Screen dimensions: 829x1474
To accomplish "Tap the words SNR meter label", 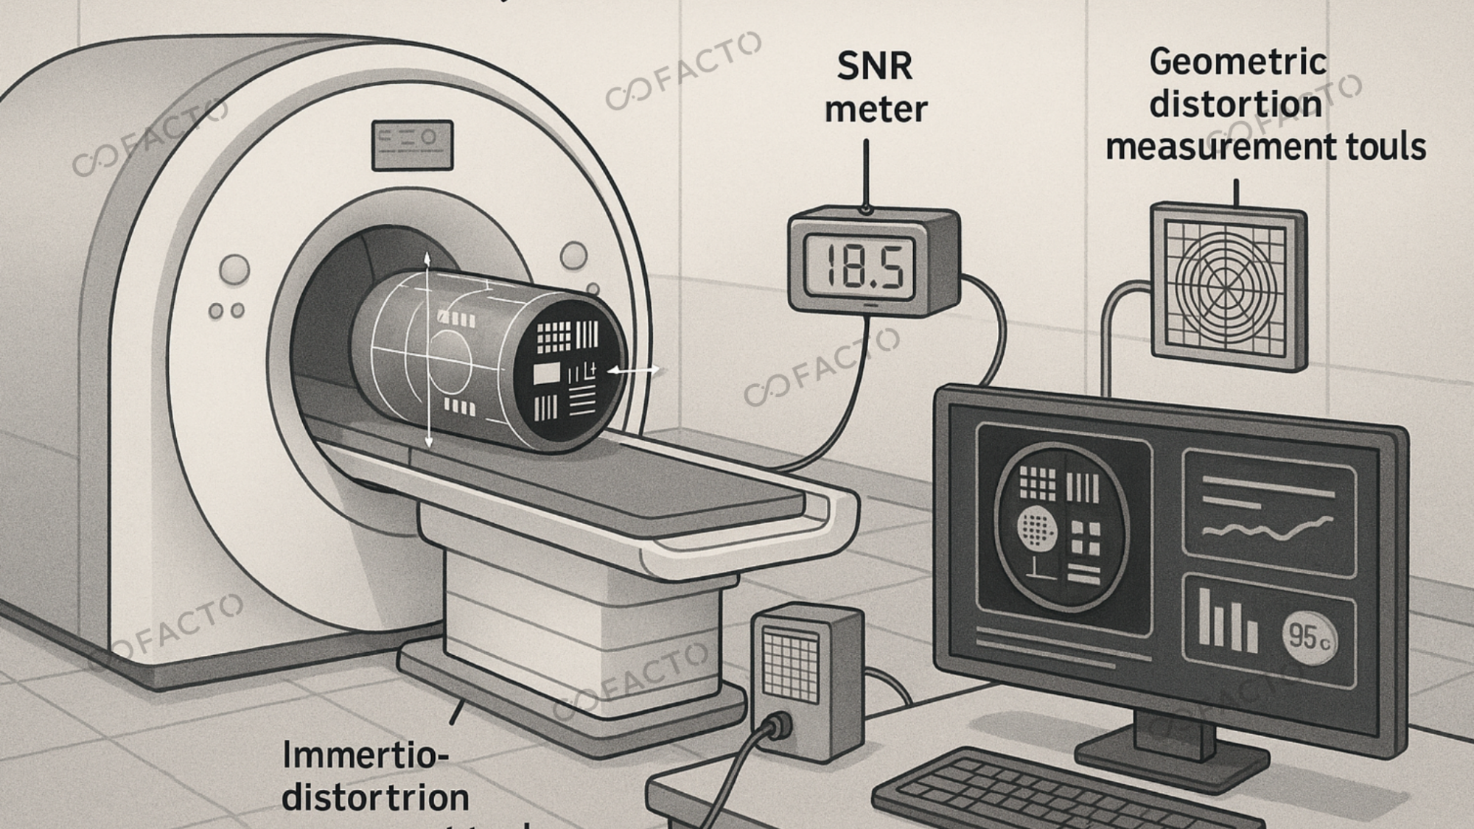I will point(875,88).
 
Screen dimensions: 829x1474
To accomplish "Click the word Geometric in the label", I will point(1237,62).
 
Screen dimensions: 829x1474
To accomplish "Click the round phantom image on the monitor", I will point(1061,526).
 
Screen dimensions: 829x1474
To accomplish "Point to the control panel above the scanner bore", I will point(412,144).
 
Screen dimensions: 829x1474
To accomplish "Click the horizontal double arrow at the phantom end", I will point(632,371).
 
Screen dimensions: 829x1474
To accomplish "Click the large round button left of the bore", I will point(234,270).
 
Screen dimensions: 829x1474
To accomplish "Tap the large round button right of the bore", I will point(573,256).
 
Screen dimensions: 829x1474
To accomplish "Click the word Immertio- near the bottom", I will point(366,755).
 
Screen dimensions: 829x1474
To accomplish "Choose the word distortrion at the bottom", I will point(375,798).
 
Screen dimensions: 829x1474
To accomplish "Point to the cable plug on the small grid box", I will point(777,727).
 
